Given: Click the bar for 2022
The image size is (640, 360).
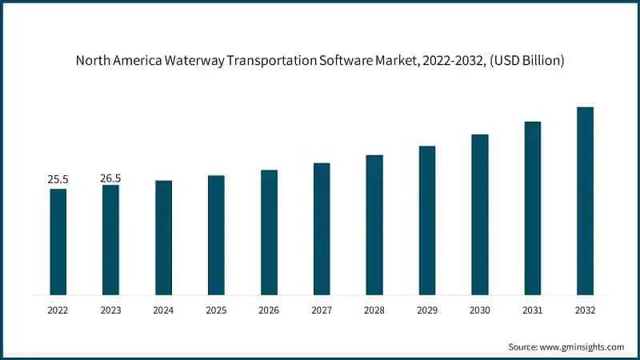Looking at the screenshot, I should [x=58, y=242].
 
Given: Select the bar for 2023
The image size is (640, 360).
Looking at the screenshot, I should [x=110, y=239].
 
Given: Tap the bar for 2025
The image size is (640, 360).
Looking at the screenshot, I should [x=216, y=234].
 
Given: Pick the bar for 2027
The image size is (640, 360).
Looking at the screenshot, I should [x=322, y=229].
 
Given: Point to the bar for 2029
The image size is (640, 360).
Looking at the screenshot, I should [x=427, y=220].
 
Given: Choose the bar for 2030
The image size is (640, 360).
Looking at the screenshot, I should [x=480, y=214].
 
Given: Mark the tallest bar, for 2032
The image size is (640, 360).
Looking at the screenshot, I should [x=586, y=201].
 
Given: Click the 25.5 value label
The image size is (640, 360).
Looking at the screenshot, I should [x=58, y=180].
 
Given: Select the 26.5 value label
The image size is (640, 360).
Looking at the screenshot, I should [x=110, y=178].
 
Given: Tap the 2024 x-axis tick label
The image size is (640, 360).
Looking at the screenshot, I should [x=163, y=310].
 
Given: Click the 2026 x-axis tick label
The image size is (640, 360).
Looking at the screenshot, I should [x=269, y=310].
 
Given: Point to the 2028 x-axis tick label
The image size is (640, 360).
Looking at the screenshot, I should [x=374, y=310].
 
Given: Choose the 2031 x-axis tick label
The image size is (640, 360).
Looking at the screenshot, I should [x=533, y=310].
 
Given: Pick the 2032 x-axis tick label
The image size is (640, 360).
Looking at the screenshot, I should [x=586, y=310].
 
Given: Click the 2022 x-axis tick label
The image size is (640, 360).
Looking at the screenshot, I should [x=58, y=310].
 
